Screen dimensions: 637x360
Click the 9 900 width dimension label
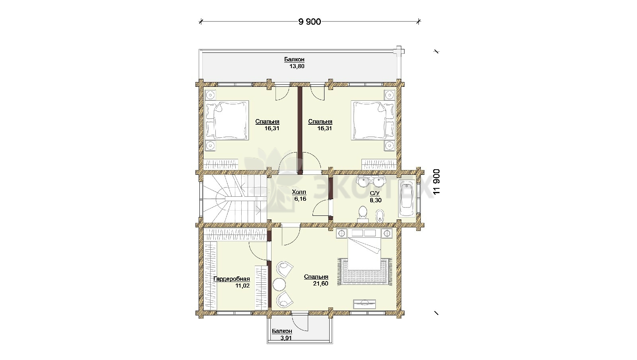click(309, 22)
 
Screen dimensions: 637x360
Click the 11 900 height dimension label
click(436, 182)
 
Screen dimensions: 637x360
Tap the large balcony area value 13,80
click(297, 66)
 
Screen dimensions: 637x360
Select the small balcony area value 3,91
click(286, 338)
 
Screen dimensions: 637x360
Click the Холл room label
click(299, 192)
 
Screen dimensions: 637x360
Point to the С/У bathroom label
click(375, 194)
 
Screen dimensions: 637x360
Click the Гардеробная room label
click(231, 279)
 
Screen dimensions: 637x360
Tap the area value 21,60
click(320, 284)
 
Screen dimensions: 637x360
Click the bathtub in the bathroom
click(407, 198)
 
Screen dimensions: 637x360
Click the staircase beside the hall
click(235, 199)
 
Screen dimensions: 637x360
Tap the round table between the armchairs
click(279, 284)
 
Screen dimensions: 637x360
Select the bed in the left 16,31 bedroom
click(227, 120)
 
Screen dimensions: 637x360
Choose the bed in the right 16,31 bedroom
click(373, 120)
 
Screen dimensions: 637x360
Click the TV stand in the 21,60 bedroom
click(364, 304)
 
